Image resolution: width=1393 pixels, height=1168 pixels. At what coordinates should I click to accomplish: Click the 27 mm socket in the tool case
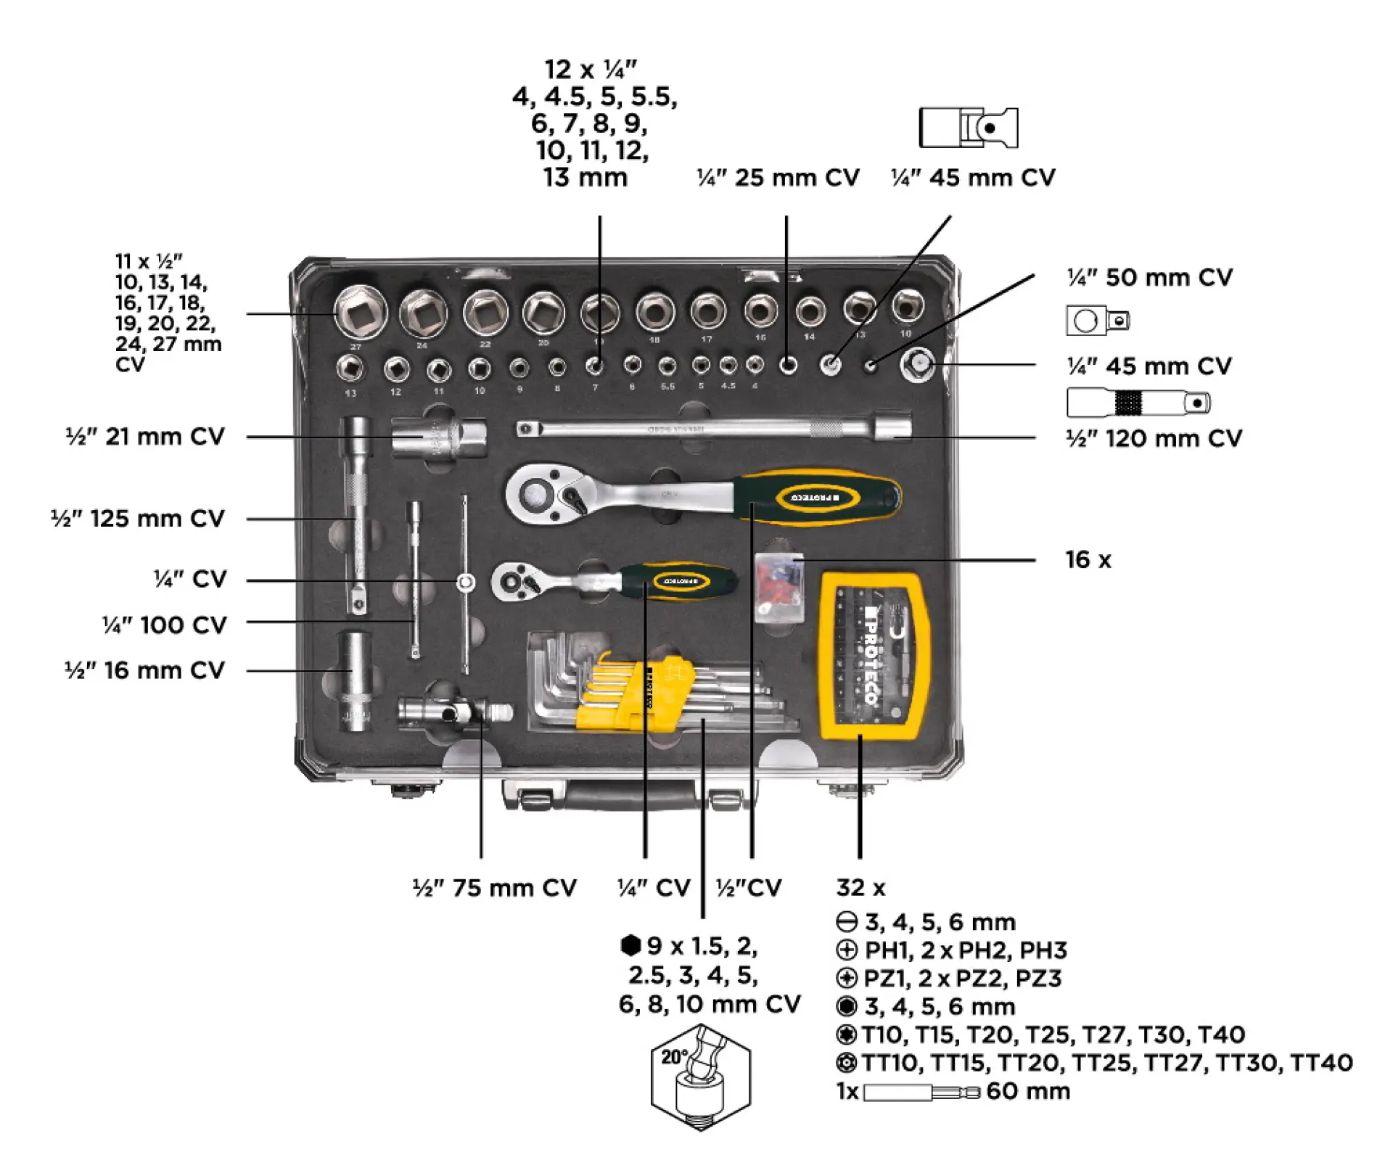(361, 313)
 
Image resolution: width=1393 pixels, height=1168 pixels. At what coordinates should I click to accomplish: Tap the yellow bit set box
(873, 656)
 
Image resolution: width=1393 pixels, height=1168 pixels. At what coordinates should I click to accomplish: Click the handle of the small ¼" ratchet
(678, 581)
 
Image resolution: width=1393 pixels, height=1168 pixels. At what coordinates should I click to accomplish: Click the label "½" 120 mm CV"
(1154, 439)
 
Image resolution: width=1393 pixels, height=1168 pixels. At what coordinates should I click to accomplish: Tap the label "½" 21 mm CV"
(145, 437)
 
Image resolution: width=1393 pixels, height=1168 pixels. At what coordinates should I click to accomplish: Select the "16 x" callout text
(1088, 560)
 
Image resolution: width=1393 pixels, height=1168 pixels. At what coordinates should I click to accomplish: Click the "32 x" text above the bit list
(860, 888)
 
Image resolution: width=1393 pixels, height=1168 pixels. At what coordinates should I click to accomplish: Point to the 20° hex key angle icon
(700, 1076)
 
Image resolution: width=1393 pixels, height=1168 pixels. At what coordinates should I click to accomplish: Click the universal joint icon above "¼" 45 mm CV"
(968, 128)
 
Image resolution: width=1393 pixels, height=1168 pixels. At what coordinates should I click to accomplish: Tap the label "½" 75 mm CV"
(494, 888)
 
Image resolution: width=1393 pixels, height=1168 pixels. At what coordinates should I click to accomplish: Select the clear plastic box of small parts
(778, 587)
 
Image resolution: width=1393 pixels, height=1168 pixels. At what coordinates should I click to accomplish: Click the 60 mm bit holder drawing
(921, 1092)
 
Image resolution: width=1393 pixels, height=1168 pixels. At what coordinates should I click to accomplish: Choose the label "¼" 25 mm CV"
(778, 178)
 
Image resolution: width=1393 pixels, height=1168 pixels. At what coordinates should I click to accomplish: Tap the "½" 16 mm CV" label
(145, 671)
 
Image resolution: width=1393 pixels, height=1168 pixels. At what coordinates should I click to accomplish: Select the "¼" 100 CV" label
(165, 625)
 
